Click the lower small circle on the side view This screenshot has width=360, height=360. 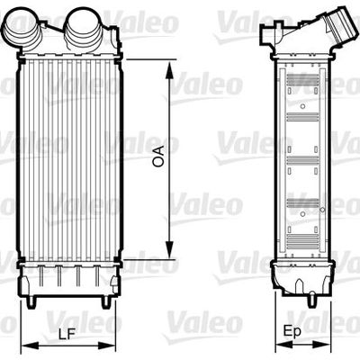pyautogui.click(x=303, y=212)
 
